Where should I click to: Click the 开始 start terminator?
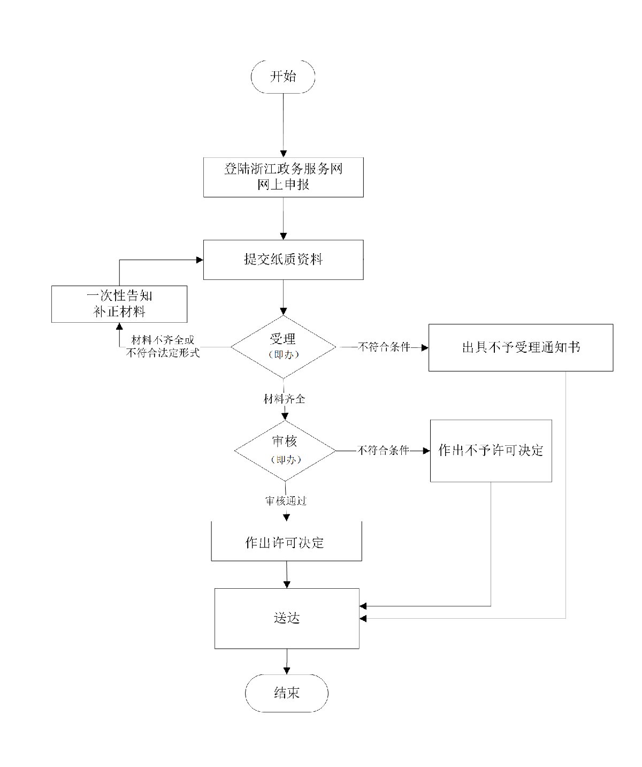283,76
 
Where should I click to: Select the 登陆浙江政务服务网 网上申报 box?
283,177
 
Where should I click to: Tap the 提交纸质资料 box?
283,260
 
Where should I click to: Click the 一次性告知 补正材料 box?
119,303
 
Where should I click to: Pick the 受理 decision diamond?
283,347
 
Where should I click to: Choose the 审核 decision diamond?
285,450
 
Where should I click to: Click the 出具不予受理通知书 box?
521,347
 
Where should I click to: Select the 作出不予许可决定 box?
491,451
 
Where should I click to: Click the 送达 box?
287,618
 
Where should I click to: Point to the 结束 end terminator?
287,693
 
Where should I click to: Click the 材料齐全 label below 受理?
284,399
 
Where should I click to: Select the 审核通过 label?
286,501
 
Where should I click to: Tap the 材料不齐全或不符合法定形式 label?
163,347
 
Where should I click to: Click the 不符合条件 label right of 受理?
384,347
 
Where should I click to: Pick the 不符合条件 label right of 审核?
383,451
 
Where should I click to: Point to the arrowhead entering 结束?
287,670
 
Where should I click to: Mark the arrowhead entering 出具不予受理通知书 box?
425,347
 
